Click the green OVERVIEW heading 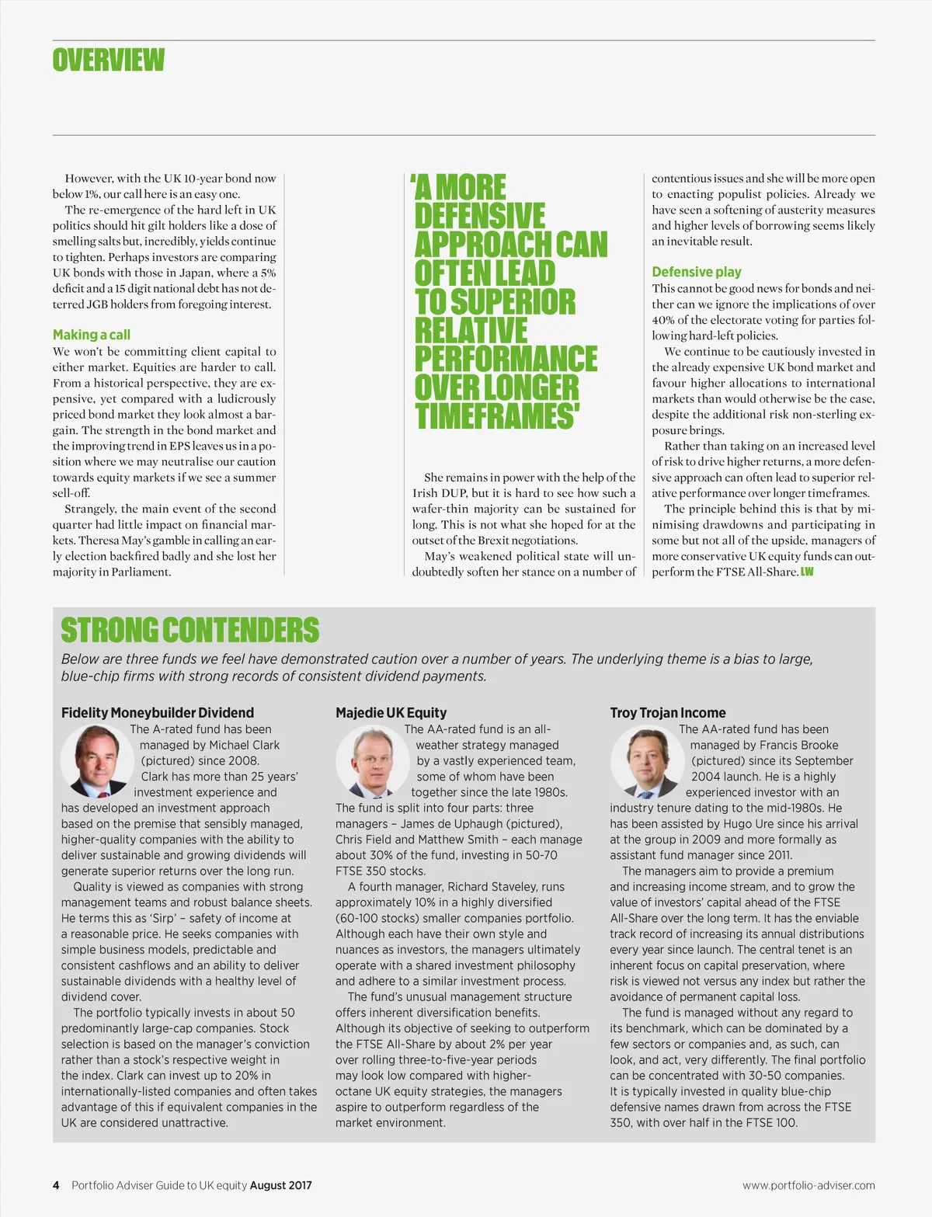pyautogui.click(x=109, y=60)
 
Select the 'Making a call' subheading pyautogui.click(x=92, y=335)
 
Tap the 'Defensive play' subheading pyautogui.click(x=697, y=272)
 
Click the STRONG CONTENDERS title pyautogui.click(x=190, y=630)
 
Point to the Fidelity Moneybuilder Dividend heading pyautogui.click(x=158, y=712)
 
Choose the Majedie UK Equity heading pyautogui.click(x=391, y=712)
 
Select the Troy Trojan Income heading pyautogui.click(x=668, y=712)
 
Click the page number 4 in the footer pyautogui.click(x=56, y=1185)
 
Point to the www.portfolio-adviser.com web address pyautogui.click(x=809, y=1185)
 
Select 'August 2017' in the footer pyautogui.click(x=281, y=1185)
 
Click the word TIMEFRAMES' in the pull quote pyautogui.click(x=497, y=416)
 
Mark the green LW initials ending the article pyautogui.click(x=807, y=572)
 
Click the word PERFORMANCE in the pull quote pyautogui.click(x=506, y=359)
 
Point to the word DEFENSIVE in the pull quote pyautogui.click(x=480, y=216)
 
